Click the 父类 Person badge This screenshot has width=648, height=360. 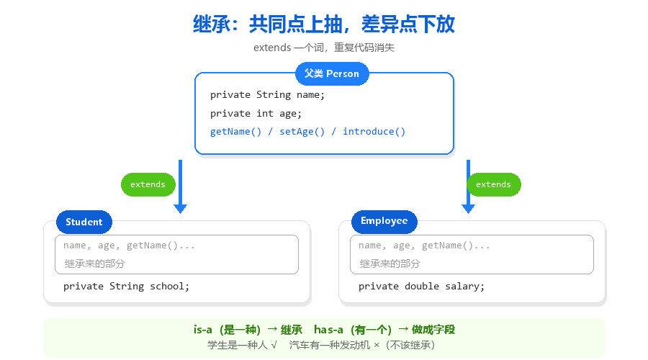[332, 73]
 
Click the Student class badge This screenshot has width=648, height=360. [84, 222]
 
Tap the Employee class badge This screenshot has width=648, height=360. [384, 222]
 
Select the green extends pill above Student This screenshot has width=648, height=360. [148, 184]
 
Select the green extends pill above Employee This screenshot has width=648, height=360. [494, 184]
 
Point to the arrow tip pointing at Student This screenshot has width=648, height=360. [180, 213]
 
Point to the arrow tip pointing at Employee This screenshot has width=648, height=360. [468, 213]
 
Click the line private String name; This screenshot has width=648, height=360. [267, 95]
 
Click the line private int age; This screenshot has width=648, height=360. [256, 114]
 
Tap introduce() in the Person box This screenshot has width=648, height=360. [374, 132]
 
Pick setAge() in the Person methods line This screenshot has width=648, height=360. [302, 132]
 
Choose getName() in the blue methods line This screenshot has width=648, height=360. [235, 132]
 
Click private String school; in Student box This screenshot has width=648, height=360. [126, 286]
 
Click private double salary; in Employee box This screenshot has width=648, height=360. [421, 286]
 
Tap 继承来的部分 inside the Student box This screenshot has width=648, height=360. [94, 264]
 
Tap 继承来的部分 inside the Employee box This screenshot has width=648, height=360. [390, 264]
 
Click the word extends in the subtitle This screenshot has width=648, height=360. [272, 48]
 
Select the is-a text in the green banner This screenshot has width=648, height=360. [202, 330]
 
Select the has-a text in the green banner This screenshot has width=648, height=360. [328, 330]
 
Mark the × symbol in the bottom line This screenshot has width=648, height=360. [377, 345]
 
